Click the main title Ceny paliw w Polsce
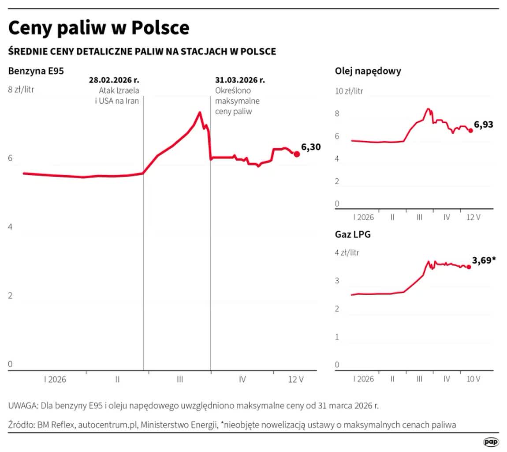99,28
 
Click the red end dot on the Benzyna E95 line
297,154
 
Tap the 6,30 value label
311,147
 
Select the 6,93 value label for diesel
483,124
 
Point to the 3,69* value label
484,260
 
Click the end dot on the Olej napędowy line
471,131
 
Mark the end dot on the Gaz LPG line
469,267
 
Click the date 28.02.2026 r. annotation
114,80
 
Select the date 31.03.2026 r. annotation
240,80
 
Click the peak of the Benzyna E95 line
200,113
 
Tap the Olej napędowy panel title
368,71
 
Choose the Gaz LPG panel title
353,234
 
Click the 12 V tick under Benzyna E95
296,380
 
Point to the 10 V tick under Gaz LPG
473,379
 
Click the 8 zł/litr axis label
21,90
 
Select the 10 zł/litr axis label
349,91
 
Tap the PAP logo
491,442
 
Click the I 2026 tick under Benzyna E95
55,380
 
